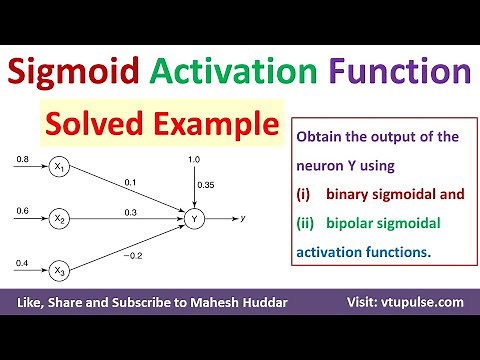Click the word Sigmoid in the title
(72, 73)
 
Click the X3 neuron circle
(60, 267)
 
